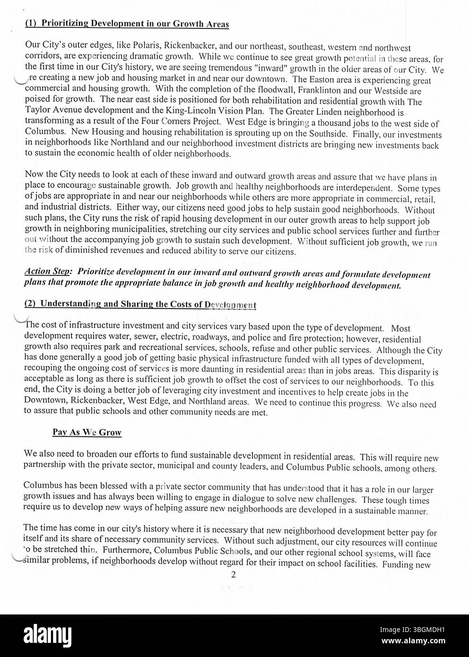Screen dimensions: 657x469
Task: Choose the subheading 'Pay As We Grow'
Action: coord(87,432)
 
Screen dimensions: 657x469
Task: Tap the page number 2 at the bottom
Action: coord(233,575)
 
